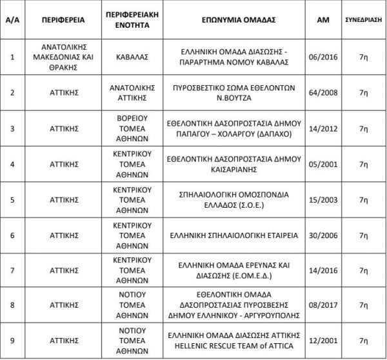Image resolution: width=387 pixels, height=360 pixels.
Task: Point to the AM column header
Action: tap(324, 20)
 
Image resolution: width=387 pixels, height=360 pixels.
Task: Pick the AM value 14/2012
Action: tap(324, 129)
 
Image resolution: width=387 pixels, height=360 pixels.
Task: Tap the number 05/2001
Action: tap(324, 165)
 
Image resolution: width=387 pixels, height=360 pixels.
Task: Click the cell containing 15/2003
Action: tap(324, 201)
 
